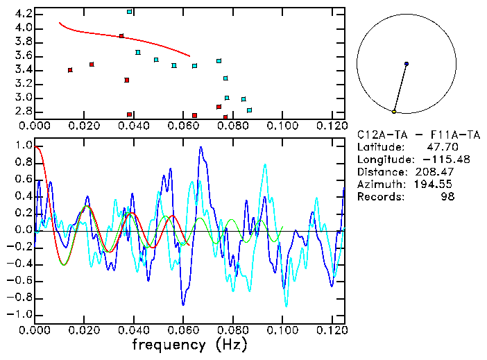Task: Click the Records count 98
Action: click(448, 197)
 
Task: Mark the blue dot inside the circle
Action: click(407, 64)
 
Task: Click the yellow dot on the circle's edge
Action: click(394, 112)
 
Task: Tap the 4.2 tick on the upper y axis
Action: click(22, 14)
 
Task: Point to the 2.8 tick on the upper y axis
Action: click(22, 112)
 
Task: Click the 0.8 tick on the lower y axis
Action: click(22, 163)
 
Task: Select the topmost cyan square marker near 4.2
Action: click(130, 12)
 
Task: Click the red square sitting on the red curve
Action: click(121, 36)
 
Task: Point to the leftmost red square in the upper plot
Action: click(70, 70)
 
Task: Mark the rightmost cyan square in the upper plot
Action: click(249, 110)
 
